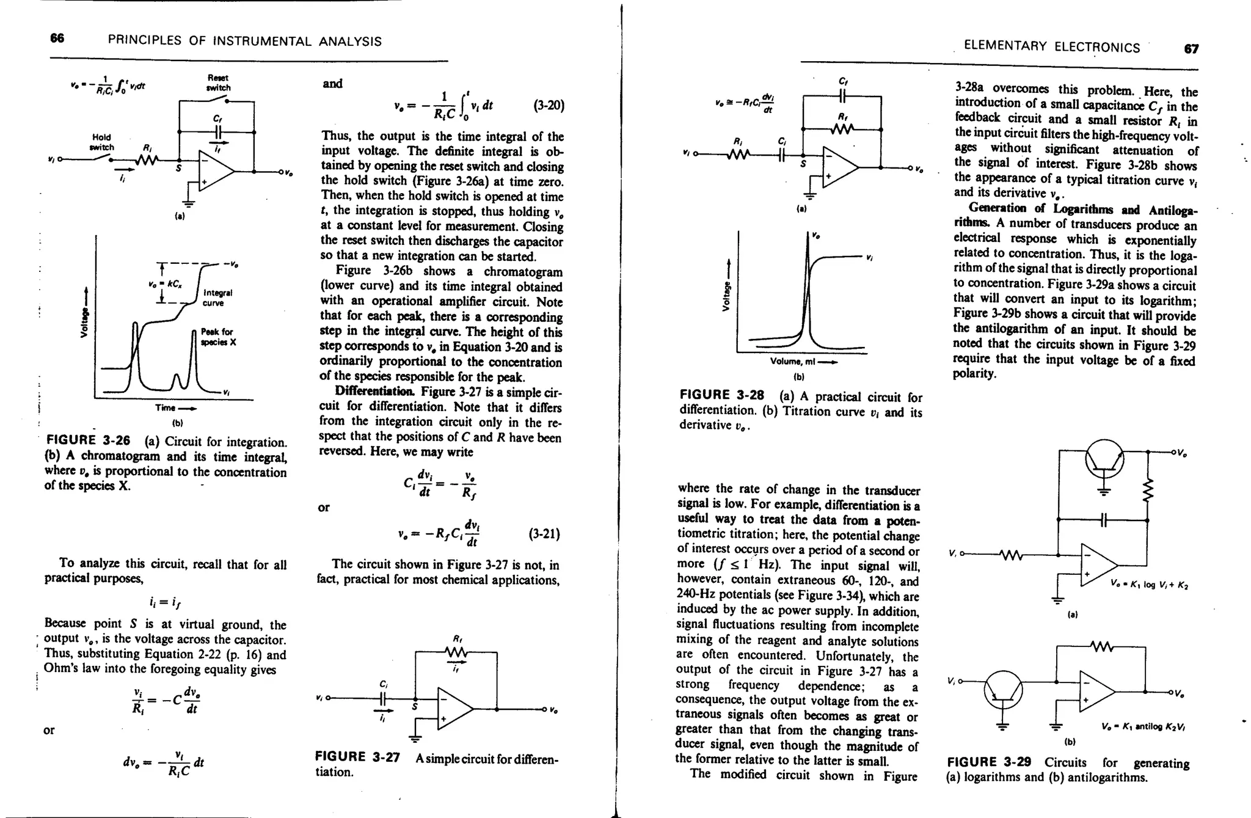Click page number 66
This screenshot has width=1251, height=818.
pyautogui.click(x=57, y=38)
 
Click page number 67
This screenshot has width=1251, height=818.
pyautogui.click(x=1191, y=48)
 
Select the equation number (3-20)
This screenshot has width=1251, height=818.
pyautogui.click(x=549, y=106)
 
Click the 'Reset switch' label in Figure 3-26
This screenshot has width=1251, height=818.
pyautogui.click(x=217, y=83)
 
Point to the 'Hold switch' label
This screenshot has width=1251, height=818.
pyautogui.click(x=101, y=142)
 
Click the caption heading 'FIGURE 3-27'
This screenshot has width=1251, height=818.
pyautogui.click(x=357, y=758)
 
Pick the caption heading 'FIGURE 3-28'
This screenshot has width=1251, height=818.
pyautogui.click(x=721, y=395)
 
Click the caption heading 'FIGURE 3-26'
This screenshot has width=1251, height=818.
pyautogui.click(x=87, y=440)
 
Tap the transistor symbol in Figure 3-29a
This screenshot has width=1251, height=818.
pyautogui.click(x=1104, y=459)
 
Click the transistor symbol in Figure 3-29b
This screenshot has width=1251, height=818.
pyautogui.click(x=1002, y=690)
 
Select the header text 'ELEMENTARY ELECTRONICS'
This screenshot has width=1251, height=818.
pyautogui.click(x=1051, y=48)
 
